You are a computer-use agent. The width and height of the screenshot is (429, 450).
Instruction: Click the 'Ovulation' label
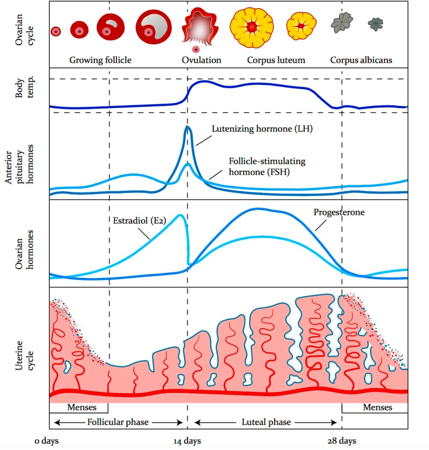(201, 60)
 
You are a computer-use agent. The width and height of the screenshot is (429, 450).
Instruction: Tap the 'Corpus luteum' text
(276, 60)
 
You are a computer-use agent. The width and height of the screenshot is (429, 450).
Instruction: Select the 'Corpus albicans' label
(361, 60)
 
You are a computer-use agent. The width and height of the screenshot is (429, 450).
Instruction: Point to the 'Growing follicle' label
(100, 60)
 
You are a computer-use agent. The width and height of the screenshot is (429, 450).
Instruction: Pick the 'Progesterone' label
(339, 212)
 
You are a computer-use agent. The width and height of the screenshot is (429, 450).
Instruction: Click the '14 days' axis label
(188, 441)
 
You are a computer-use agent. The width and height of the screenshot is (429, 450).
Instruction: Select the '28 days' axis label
(342, 441)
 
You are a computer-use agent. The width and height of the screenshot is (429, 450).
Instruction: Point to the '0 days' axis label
(47, 441)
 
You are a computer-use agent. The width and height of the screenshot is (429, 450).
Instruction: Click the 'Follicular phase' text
(117, 422)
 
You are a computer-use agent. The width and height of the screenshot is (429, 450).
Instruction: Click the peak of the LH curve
(188, 127)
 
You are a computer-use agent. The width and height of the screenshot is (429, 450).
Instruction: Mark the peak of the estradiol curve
(180, 215)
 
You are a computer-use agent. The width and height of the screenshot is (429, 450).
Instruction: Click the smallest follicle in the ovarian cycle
(55, 32)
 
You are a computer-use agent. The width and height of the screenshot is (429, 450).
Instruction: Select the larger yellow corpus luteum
(251, 27)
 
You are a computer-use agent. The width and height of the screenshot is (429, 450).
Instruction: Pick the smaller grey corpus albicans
(375, 24)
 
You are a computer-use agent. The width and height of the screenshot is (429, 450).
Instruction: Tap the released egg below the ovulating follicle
(196, 50)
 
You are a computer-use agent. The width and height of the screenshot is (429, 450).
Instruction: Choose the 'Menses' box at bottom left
(79, 407)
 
